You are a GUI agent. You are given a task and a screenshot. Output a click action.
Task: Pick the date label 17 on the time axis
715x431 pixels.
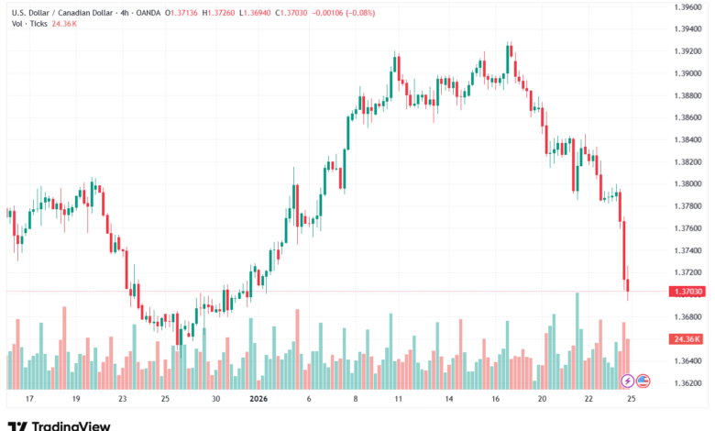pyautogui.click(x=29, y=400)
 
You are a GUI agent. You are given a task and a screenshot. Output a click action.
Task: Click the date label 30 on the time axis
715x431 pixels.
pyautogui.click(x=215, y=400)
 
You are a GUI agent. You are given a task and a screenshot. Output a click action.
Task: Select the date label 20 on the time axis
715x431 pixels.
pyautogui.click(x=542, y=400)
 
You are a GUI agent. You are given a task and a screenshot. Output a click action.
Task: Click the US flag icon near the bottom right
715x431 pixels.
pyautogui.click(x=643, y=381)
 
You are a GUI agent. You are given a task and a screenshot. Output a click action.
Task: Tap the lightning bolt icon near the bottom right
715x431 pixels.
pyautogui.click(x=627, y=381)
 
